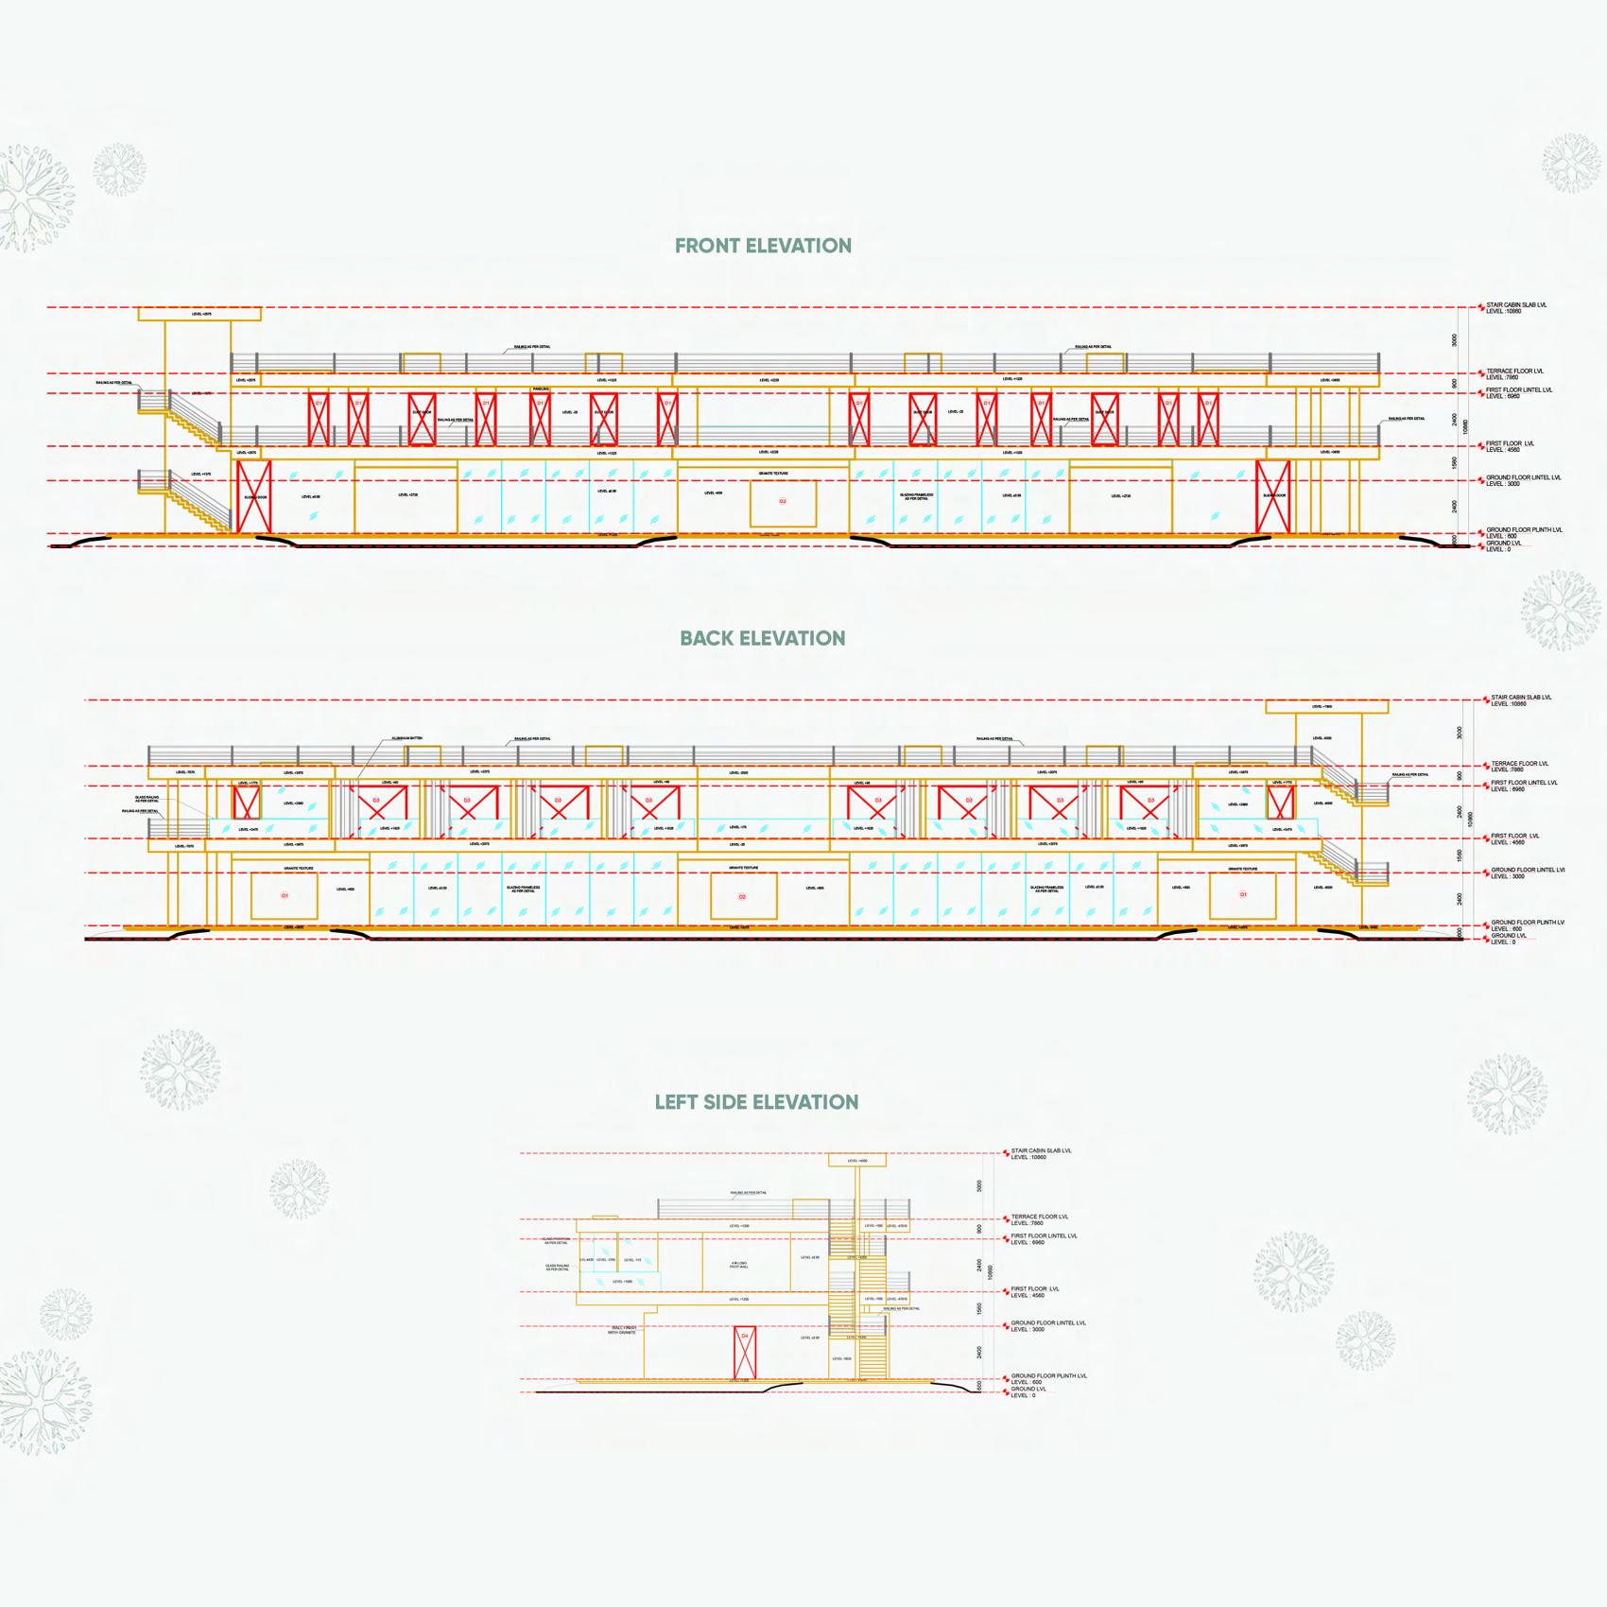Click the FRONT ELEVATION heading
point(763,246)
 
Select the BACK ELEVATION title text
point(763,638)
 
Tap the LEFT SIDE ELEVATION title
point(756,1102)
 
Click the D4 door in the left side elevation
point(745,1352)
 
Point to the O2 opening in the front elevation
point(783,502)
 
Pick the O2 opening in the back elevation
point(743,897)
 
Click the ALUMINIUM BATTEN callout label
point(404,738)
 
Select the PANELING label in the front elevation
point(541,389)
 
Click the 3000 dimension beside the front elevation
point(1455,340)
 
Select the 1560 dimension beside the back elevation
point(1460,855)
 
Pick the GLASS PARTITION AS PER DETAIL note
point(556,1240)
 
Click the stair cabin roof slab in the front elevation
point(199,314)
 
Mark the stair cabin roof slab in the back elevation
point(1326,706)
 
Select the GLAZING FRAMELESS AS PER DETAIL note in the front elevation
point(916,496)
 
